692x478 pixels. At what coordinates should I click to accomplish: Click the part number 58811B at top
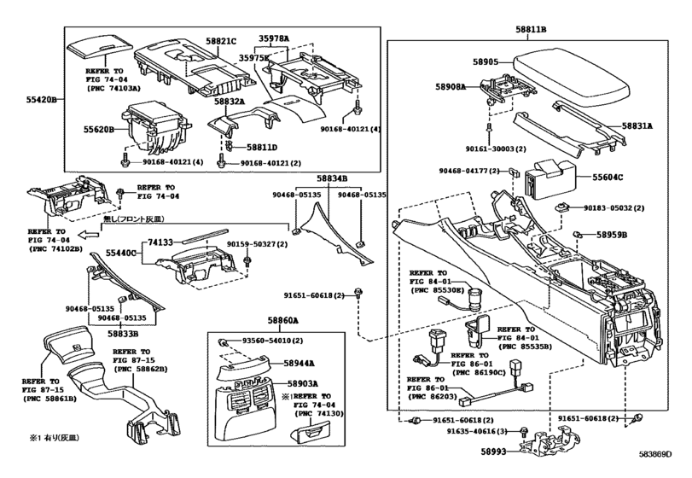tap(531, 29)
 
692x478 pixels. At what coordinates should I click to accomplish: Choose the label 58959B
tap(612, 234)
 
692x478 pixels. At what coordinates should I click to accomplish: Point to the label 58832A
tap(230, 102)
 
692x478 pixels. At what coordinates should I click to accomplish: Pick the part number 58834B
tap(332, 178)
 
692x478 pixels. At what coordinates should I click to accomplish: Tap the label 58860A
tap(282, 320)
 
